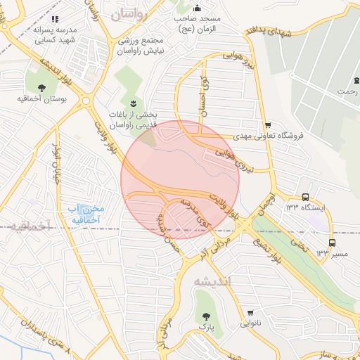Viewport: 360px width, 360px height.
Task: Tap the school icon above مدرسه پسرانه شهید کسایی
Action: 56,19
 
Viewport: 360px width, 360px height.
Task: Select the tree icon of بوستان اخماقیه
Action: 41,88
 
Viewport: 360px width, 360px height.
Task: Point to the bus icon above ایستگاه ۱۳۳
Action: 307,198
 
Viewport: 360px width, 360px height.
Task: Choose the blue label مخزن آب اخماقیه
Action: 87,214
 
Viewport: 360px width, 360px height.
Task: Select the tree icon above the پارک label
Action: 207,317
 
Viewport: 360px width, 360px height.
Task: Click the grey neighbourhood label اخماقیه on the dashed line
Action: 33,227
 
